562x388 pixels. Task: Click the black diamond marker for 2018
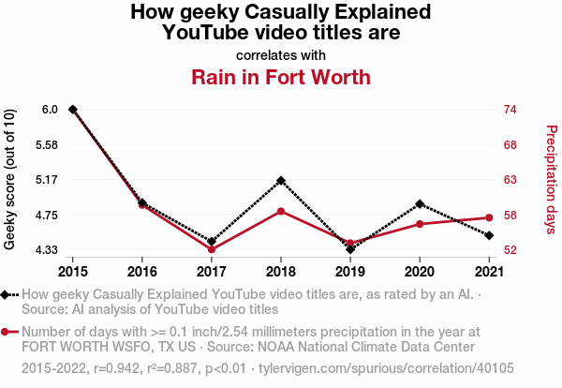pyautogui.click(x=281, y=180)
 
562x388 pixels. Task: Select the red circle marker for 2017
pyautogui.click(x=212, y=249)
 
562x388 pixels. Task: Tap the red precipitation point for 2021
pyautogui.click(x=489, y=217)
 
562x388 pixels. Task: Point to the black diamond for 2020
pyautogui.click(x=420, y=203)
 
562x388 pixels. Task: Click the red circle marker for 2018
pyautogui.click(x=281, y=212)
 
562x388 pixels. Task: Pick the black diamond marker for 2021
pyautogui.click(x=489, y=235)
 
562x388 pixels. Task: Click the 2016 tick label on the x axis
pyautogui.click(x=142, y=272)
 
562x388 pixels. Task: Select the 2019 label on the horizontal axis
pyautogui.click(x=350, y=272)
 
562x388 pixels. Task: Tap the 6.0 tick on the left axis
pyautogui.click(x=50, y=110)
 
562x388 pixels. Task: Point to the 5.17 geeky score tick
pyautogui.click(x=45, y=180)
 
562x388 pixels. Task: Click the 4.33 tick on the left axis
pyautogui.click(x=45, y=250)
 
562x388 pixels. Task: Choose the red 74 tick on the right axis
pyautogui.click(x=511, y=110)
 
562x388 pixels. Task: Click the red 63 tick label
pyautogui.click(x=511, y=180)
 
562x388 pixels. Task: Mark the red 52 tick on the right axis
pyautogui.click(x=511, y=250)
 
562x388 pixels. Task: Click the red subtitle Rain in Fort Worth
pyautogui.click(x=281, y=77)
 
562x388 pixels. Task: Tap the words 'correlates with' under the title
pyautogui.click(x=281, y=53)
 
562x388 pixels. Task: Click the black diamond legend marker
pyautogui.click(x=7, y=294)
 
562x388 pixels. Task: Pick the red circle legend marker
pyautogui.click(x=7, y=332)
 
